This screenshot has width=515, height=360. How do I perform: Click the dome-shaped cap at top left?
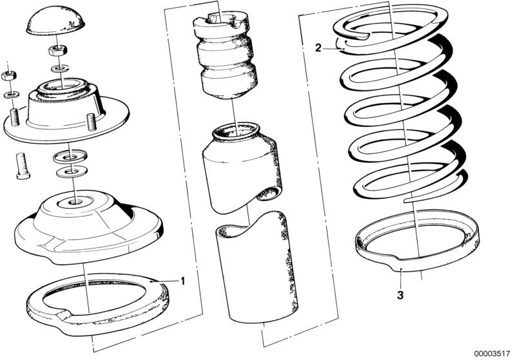(55, 21)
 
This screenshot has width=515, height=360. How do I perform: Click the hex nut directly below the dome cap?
(58, 50)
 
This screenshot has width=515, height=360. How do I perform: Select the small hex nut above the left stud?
(7, 76)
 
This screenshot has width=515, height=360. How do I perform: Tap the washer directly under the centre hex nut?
(60, 69)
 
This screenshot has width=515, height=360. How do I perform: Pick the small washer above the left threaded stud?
(11, 95)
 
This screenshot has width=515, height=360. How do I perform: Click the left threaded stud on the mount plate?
(14, 116)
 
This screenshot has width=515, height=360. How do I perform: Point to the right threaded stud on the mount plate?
(91, 120)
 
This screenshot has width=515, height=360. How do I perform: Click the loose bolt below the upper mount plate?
(23, 166)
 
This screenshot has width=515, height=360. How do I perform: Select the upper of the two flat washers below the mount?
(70, 156)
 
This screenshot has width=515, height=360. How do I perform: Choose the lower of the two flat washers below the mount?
(72, 172)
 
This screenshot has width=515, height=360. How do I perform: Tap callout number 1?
(182, 281)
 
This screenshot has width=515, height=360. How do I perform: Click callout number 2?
(318, 48)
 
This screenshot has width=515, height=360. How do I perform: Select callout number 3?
(400, 296)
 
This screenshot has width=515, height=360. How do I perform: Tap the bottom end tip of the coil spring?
(405, 200)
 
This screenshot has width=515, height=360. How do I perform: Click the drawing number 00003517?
(491, 354)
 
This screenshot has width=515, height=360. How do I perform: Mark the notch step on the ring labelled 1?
(63, 315)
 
